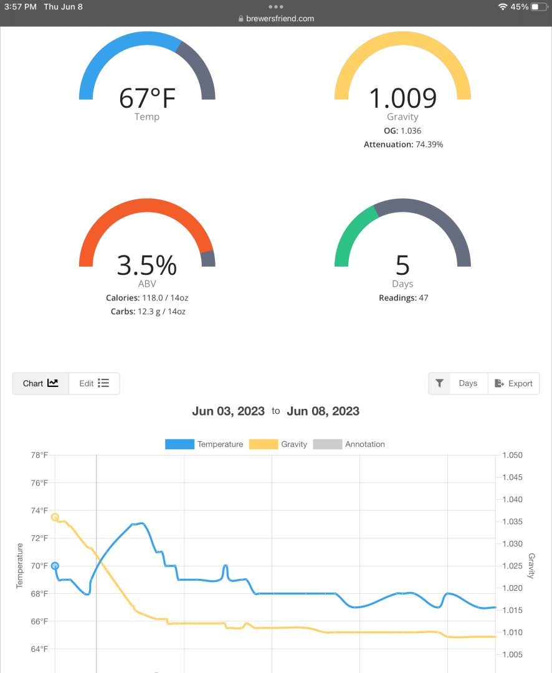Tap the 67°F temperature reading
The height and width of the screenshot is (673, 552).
[x=147, y=98]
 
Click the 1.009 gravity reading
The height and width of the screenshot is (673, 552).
[x=402, y=98]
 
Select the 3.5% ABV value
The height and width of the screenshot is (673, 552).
[x=147, y=265]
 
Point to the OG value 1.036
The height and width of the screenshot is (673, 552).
[x=411, y=131]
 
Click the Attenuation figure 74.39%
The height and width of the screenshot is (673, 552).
[x=429, y=145]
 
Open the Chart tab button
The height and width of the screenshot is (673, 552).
[x=40, y=383]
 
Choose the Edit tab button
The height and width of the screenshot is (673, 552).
[x=94, y=383]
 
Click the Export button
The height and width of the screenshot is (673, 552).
[x=513, y=383]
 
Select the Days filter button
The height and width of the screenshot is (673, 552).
[x=468, y=383]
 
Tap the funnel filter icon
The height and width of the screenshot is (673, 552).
[x=440, y=383]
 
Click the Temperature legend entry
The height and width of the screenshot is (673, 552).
[x=204, y=444]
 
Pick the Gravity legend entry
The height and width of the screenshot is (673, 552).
[x=278, y=444]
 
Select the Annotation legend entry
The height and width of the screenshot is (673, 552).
[x=349, y=444]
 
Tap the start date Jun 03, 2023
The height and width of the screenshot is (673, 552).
[x=229, y=411]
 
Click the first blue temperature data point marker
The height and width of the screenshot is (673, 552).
[x=55, y=566]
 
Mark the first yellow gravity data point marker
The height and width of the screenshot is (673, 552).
[x=55, y=517]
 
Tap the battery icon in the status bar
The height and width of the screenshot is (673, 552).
[x=539, y=7]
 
